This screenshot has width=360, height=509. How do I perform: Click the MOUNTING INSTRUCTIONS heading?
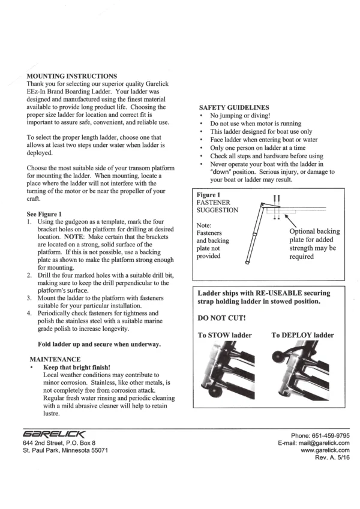pyautogui.click(x=72, y=76)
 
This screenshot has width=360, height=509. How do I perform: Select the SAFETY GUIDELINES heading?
pyautogui.click(x=234, y=107)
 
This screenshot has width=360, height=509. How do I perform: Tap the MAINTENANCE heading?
pyautogui.click(x=55, y=359)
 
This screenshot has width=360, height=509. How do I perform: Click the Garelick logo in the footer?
pyautogui.click(x=54, y=434)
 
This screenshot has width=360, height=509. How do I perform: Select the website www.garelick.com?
pyautogui.click(x=325, y=450)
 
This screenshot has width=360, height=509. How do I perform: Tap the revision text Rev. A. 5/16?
pyautogui.click(x=332, y=457)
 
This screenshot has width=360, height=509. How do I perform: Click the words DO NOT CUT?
pyautogui.click(x=221, y=318)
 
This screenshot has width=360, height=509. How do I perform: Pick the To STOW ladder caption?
pyautogui.click(x=225, y=335)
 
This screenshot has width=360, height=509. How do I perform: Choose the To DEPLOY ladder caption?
pyautogui.click(x=302, y=335)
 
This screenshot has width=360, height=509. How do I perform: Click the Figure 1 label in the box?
pyautogui.click(x=208, y=195)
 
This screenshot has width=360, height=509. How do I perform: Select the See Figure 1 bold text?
pyautogui.click(x=44, y=214)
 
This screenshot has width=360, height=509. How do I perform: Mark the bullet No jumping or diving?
pyautogui.click(x=240, y=116)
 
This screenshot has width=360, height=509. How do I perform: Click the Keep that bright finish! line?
pyautogui.click(x=77, y=368)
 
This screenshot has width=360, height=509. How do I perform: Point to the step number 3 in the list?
pyautogui.click(x=29, y=298)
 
